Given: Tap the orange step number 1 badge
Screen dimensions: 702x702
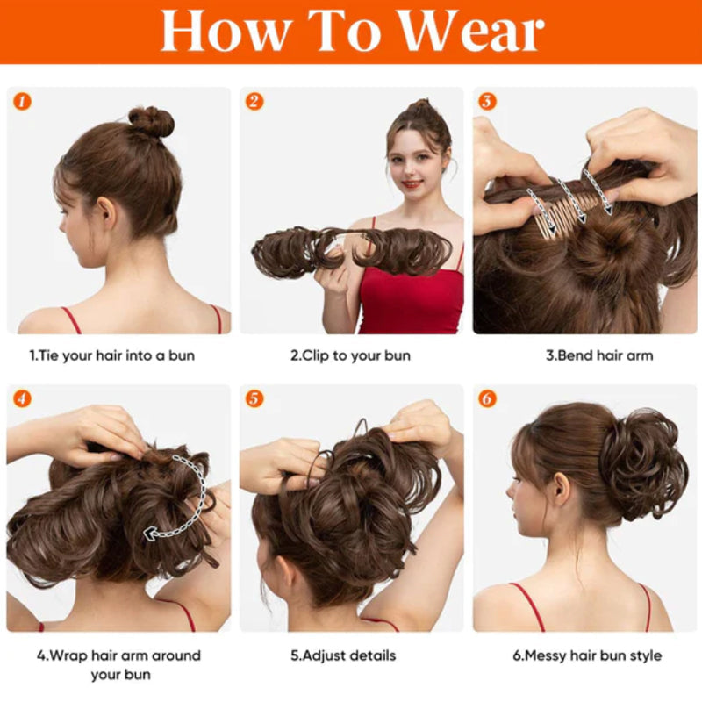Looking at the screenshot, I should (x=23, y=101).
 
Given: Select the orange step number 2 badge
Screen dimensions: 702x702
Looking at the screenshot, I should (x=254, y=101).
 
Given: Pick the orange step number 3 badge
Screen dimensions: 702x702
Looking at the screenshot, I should (x=487, y=101).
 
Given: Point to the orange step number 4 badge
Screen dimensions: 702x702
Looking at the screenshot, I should (x=23, y=398).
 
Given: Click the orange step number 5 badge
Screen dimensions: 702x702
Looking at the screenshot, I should (x=254, y=398).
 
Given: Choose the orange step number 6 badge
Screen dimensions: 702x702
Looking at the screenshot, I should (x=487, y=398).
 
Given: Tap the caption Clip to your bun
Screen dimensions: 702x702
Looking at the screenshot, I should (x=350, y=355).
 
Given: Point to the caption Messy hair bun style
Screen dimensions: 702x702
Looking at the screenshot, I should (x=587, y=655).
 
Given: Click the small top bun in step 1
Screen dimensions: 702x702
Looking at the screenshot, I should (x=151, y=121).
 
